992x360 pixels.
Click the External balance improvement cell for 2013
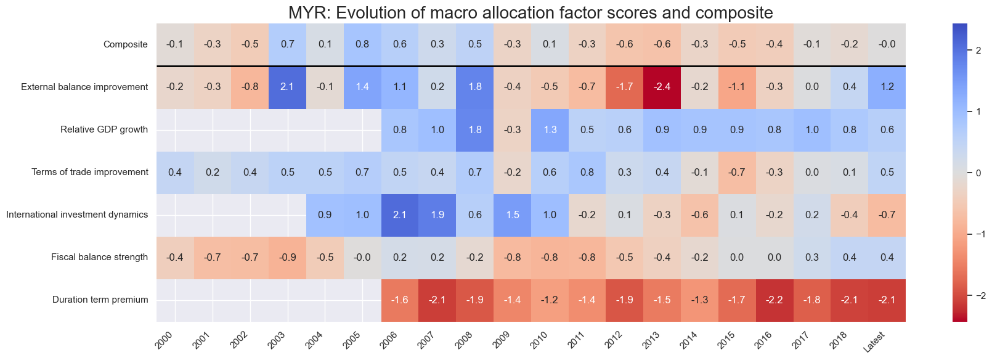coord(662,87)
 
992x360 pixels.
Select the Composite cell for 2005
coord(362,44)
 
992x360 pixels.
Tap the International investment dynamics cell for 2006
coord(400,215)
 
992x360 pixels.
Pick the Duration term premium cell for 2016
coord(774,300)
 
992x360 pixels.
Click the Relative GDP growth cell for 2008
coord(475,129)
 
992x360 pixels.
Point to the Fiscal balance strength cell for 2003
coord(288,258)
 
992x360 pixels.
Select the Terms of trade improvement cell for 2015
coord(737,172)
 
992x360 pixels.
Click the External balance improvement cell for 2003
coord(288,87)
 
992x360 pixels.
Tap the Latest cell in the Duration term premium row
coord(887,300)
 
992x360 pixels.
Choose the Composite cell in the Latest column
coord(887,44)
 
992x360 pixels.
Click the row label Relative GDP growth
coord(104,129)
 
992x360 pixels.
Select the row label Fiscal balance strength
coord(99,258)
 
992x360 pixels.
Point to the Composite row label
coord(126,44)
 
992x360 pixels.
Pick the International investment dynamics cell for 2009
coord(513,215)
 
